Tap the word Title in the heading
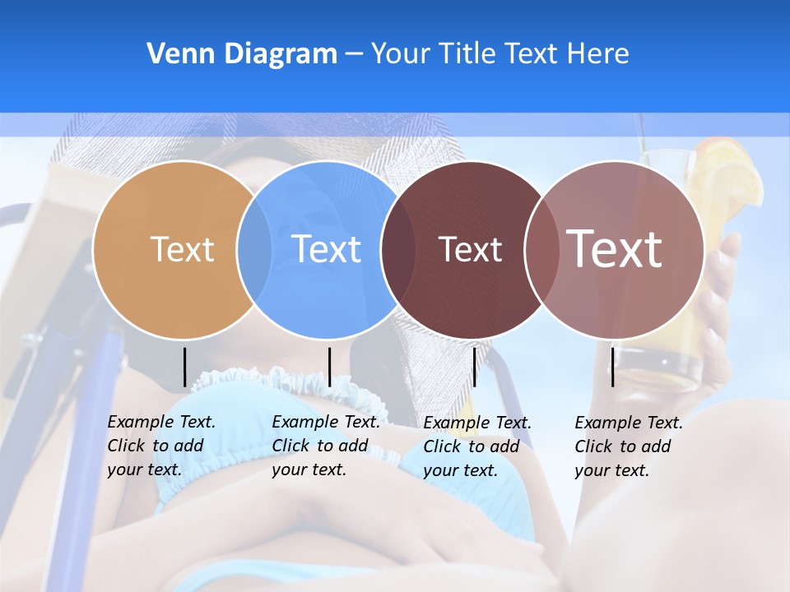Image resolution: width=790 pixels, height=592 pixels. click(470, 54)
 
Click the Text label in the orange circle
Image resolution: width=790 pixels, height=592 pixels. click(182, 249)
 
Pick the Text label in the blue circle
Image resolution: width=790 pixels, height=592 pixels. click(327, 249)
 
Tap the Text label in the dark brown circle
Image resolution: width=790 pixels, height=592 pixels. click(470, 249)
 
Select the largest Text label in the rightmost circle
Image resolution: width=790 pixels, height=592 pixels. click(615, 249)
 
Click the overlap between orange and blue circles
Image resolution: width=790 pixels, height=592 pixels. click(254, 250)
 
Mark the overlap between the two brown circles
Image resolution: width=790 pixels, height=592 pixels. click(541, 250)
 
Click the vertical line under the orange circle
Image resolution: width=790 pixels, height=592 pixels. click(184, 367)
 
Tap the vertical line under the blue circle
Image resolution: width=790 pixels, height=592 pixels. click(329, 367)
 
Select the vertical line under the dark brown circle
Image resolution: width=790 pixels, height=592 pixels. click(474, 367)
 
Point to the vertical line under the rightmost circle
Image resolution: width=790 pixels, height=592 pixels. click(612, 367)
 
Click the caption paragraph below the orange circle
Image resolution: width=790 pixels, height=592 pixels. click(161, 446)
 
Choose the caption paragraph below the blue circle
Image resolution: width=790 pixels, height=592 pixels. click(326, 446)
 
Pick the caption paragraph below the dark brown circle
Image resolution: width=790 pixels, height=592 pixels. click(477, 446)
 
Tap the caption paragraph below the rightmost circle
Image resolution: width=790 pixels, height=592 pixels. click(629, 446)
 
